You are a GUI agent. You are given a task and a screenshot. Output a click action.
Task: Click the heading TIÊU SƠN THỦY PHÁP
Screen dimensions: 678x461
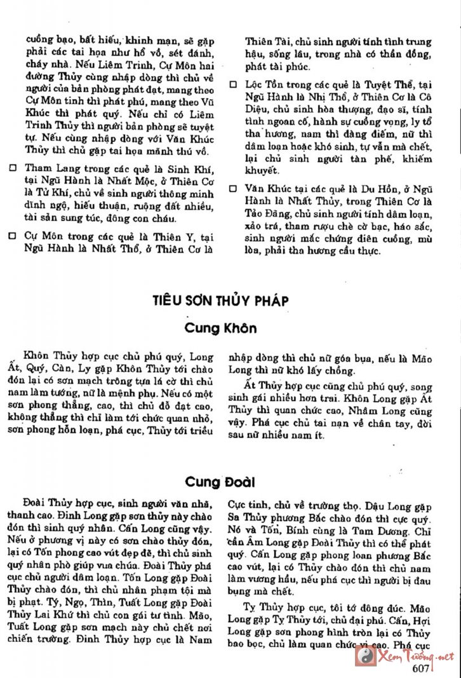(x=220, y=301)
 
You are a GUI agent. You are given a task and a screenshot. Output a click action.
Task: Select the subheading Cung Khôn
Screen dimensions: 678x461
(x=220, y=328)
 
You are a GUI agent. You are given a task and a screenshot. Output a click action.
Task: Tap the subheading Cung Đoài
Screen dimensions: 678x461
(x=220, y=481)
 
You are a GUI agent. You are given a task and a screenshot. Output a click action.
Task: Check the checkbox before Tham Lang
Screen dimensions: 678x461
(x=13, y=170)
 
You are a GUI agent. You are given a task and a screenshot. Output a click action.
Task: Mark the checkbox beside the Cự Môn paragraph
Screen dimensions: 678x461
(x=13, y=235)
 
